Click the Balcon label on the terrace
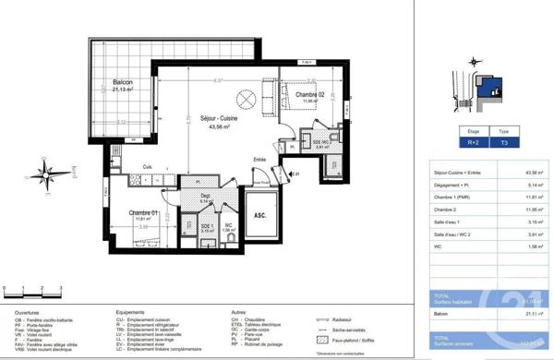pyautogui.click(x=123, y=83)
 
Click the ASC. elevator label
pyautogui.click(x=260, y=215)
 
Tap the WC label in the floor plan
pyautogui.click(x=228, y=225)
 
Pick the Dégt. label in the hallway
pyautogui.click(x=207, y=194)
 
